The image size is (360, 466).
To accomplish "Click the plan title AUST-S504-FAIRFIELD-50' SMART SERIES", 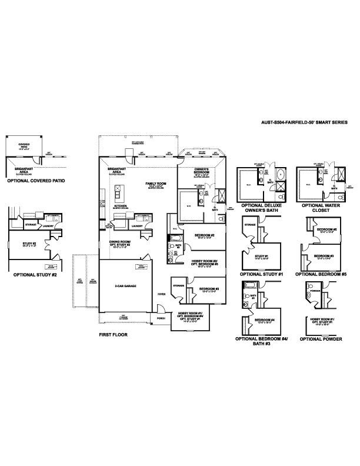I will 304,122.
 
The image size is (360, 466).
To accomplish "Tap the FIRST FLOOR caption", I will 113,334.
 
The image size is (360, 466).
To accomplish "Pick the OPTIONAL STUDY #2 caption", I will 35,274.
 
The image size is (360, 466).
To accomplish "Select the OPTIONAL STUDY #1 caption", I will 262,274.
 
